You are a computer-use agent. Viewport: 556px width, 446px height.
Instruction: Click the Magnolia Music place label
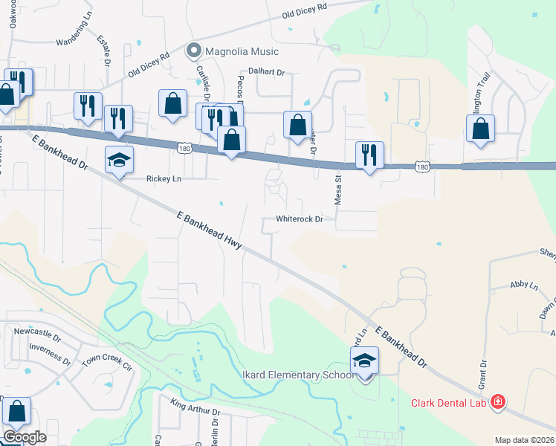pyautogui.click(x=243, y=51)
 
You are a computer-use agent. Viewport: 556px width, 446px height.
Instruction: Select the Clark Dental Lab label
pyautogui.click(x=448, y=403)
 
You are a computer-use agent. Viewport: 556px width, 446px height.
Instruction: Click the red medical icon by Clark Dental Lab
pyautogui.click(x=497, y=403)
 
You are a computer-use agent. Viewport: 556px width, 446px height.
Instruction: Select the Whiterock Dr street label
pyautogui.click(x=300, y=219)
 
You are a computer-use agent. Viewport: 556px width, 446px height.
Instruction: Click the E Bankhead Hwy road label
pyautogui.click(x=210, y=230)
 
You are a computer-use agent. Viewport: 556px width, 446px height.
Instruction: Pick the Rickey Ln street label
pyautogui.click(x=164, y=178)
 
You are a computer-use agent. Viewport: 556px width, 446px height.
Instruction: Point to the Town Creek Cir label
pyautogui.click(x=106, y=362)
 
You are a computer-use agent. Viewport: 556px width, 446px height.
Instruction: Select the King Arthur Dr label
pyautogui.click(x=195, y=407)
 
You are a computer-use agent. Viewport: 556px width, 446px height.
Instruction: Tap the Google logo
pyautogui.click(x=24, y=436)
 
